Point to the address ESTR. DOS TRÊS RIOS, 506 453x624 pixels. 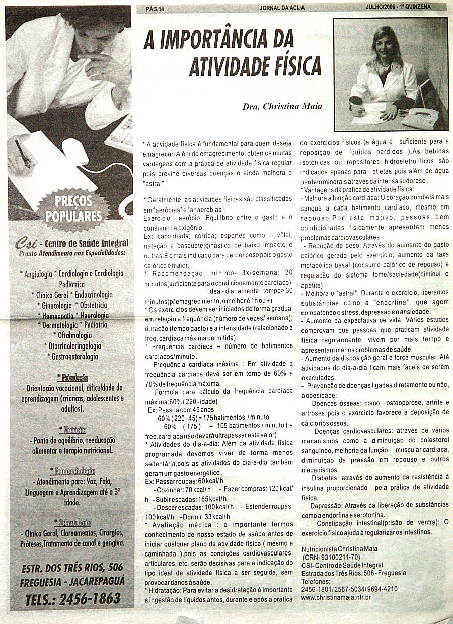click(72, 567)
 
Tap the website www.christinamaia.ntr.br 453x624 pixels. click(336, 597)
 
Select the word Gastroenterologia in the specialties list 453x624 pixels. click(74, 357)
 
